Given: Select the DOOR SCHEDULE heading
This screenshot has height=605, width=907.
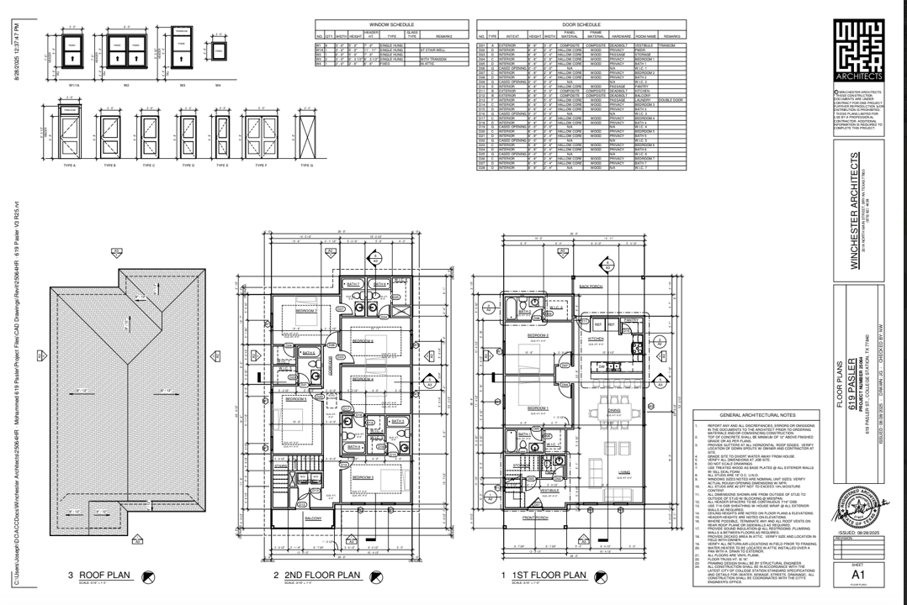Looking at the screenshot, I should tap(580, 25).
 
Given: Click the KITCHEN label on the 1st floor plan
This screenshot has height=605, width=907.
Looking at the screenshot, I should tap(596, 339).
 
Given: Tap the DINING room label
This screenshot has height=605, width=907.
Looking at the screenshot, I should tap(614, 409).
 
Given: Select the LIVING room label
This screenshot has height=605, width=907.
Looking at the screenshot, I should tap(623, 472).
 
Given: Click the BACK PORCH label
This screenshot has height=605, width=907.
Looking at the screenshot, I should tap(591, 286).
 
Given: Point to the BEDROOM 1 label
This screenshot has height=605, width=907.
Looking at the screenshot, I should tap(538, 408).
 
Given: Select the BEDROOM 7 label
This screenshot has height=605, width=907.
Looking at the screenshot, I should tap(305, 311).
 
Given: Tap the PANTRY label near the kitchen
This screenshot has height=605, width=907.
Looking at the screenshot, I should tap(633, 319).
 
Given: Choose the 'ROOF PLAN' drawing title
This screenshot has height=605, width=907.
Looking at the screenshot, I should tap(105, 576).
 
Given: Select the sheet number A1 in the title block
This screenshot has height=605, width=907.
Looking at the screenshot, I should tap(857, 574).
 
